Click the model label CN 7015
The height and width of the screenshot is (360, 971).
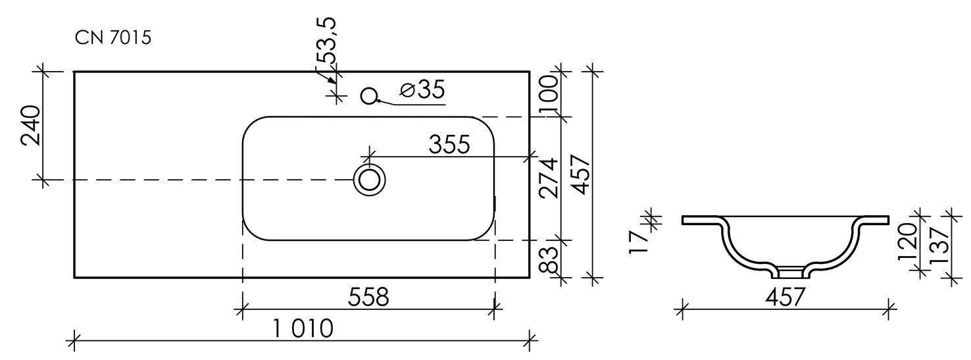[x=112, y=38]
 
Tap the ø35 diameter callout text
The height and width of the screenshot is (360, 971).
[x=422, y=90]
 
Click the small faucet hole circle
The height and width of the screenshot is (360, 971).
[x=369, y=96]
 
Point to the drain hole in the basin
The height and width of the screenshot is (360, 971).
[x=369, y=180]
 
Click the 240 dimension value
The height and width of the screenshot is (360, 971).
[x=31, y=125]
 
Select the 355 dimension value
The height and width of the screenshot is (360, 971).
[x=449, y=144]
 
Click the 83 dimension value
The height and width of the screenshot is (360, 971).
[x=549, y=259]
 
